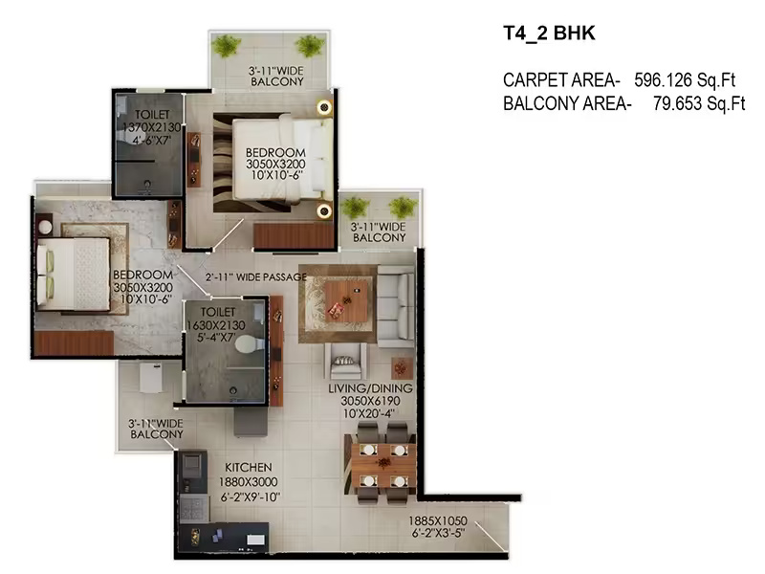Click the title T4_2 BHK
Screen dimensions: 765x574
pyautogui.click(x=549, y=33)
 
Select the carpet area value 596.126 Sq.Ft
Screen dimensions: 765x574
pyautogui.click(x=685, y=79)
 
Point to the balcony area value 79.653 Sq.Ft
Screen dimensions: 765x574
pyautogui.click(x=699, y=103)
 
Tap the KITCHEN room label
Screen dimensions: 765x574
pyautogui.click(x=249, y=467)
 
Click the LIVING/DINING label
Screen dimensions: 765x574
pyautogui.click(x=370, y=388)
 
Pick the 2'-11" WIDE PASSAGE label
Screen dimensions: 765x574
pyautogui.click(x=256, y=277)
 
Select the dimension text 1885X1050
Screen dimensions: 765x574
pyautogui.click(x=438, y=520)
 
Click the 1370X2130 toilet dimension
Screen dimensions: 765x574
pyautogui.click(x=151, y=127)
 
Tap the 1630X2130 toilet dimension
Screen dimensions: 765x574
pyautogui.click(x=216, y=325)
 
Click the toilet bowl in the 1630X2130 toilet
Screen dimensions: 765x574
pyautogui.click(x=249, y=344)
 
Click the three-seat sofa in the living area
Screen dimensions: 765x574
pyautogui.click(x=396, y=306)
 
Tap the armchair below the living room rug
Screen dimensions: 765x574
pyautogui.click(x=345, y=362)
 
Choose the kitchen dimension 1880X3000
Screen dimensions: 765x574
pyautogui.click(x=249, y=482)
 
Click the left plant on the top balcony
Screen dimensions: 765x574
pyautogui.click(x=226, y=45)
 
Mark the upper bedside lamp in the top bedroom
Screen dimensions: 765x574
pyautogui.click(x=324, y=107)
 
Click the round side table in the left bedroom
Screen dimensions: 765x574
pyautogui.click(x=45, y=227)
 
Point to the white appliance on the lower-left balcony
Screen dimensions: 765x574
pyautogui.click(x=151, y=378)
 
